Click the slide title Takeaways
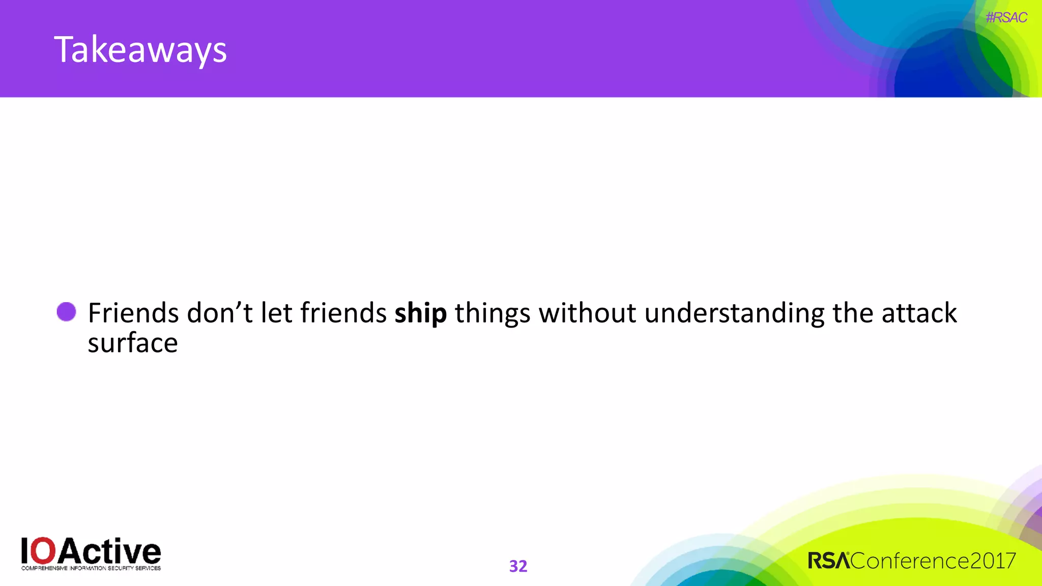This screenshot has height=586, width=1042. pyautogui.click(x=140, y=50)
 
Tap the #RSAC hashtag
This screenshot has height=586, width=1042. pyautogui.click(x=1006, y=18)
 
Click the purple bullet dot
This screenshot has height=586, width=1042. pyautogui.click(x=66, y=312)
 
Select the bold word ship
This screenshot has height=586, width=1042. pyautogui.click(x=420, y=313)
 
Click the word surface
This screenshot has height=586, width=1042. pyautogui.click(x=132, y=343)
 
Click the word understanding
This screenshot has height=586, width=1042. pyautogui.click(x=734, y=313)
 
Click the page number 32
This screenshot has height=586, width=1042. pyautogui.click(x=518, y=566)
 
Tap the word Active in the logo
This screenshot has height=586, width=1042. pyautogui.click(x=109, y=551)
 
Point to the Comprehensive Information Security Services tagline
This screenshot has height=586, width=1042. pyautogui.click(x=91, y=568)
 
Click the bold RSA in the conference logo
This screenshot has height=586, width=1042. pyautogui.click(x=829, y=561)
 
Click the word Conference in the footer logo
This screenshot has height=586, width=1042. pyautogui.click(x=909, y=561)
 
